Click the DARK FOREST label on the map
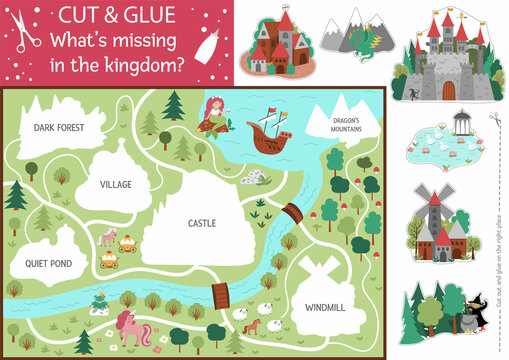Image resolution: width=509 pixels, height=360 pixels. tap(57, 128)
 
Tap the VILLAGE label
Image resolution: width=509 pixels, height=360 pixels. tap(116, 184)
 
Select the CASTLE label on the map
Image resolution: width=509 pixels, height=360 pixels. tap(202, 224)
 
